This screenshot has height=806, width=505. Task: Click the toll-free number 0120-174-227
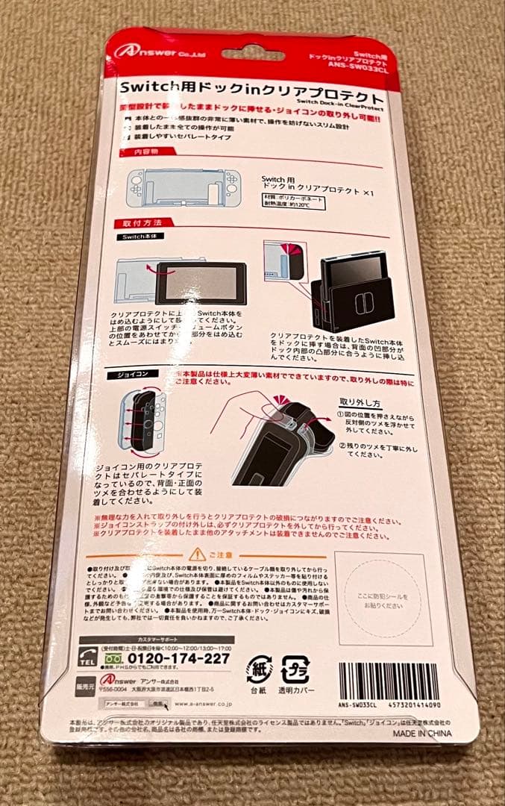[178, 658]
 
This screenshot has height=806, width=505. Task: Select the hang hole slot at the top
[252, 54]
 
